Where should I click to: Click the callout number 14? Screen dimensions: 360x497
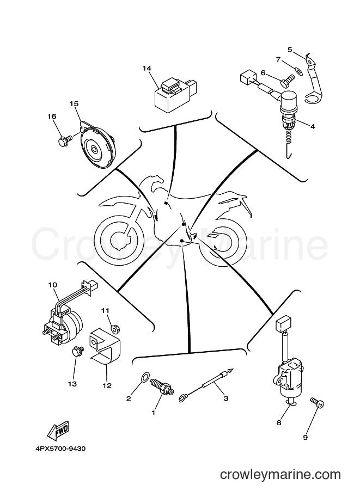point(147,69)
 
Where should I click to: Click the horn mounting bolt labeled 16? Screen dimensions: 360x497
point(63,141)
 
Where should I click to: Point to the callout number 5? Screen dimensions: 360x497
point(290,50)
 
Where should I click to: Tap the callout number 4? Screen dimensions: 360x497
point(313,126)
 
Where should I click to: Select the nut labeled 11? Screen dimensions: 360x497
point(115,328)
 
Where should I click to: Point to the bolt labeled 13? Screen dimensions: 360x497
point(77,351)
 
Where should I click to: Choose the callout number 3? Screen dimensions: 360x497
point(226,398)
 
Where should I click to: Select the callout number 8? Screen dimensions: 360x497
point(279,422)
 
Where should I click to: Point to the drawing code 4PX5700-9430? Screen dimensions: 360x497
point(60,449)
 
